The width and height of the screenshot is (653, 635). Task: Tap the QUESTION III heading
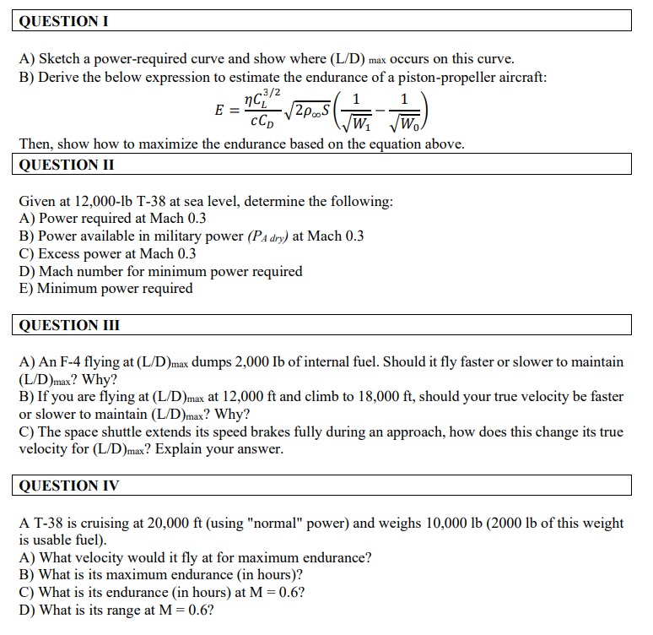click(x=69, y=325)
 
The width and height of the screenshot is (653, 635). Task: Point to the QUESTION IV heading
click(x=68, y=486)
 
